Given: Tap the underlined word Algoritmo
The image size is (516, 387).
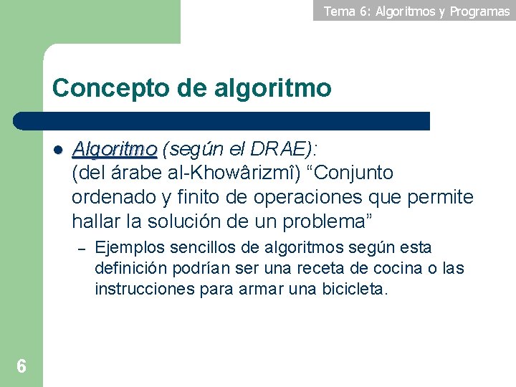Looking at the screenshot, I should click(x=115, y=149).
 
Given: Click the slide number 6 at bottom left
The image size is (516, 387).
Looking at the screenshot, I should click(x=21, y=367).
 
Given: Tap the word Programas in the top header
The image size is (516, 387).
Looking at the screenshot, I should click(x=479, y=11).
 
